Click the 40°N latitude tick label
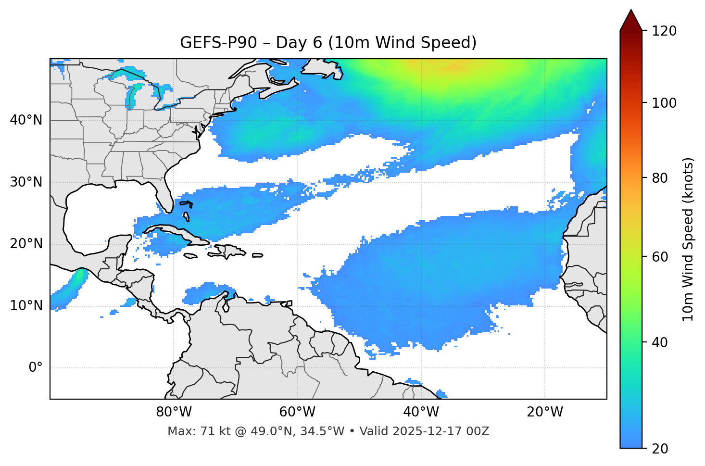coord(26,120)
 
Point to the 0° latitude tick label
coord(36,368)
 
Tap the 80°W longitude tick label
coord(174,412)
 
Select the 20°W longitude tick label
coord(545,412)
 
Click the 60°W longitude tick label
coord(297,412)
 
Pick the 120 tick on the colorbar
coord(664,31)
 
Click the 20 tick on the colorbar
coord(661,448)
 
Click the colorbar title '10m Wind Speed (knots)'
coord(688,239)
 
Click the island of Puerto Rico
coord(257,255)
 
